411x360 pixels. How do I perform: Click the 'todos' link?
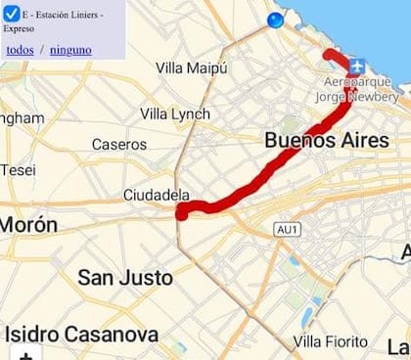(19, 49)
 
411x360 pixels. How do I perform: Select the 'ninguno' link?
(70, 49)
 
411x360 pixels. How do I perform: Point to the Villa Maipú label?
(192, 67)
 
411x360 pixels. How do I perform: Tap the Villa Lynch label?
(174, 114)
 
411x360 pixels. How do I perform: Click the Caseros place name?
(118, 144)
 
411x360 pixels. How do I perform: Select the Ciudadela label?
(156, 195)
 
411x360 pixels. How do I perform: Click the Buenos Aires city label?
(326, 140)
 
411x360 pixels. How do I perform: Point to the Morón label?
(27, 225)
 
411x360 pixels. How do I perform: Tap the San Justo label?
(124, 277)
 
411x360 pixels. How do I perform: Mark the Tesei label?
(18, 169)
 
